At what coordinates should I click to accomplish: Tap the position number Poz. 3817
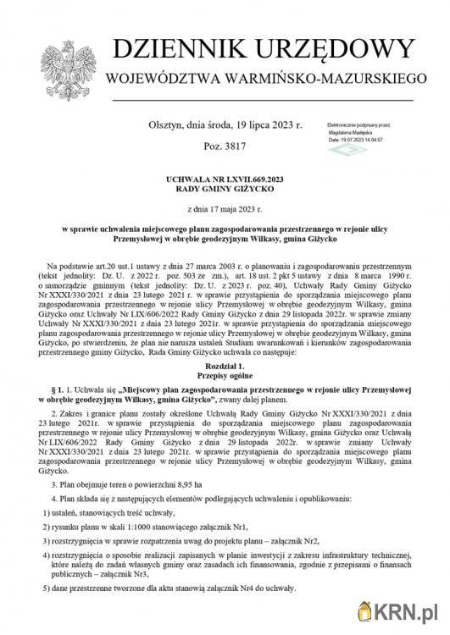click(x=225, y=146)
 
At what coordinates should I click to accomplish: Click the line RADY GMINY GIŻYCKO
click(x=224, y=191)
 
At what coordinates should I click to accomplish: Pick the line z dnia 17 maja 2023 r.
click(x=224, y=208)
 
